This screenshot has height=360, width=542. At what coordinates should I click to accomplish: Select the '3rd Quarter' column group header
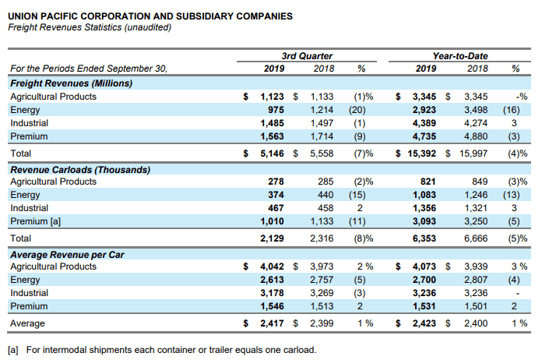click(307, 56)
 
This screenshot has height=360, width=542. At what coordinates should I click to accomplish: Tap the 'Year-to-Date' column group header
click(460, 56)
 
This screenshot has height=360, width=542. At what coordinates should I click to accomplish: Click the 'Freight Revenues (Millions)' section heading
click(71, 83)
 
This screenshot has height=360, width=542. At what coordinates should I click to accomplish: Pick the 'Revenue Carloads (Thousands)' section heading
click(80, 170)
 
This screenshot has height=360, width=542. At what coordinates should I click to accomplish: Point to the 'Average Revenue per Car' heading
click(67, 255)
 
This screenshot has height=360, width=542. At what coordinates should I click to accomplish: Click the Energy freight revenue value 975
click(276, 110)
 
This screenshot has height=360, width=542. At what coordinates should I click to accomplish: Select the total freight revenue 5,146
click(272, 154)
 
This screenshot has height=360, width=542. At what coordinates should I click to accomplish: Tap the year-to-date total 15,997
click(473, 154)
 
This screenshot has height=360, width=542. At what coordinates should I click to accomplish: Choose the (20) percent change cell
click(357, 110)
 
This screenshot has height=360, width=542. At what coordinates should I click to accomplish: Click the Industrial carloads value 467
click(276, 208)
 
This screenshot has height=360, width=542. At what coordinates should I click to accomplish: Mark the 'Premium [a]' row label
click(35, 221)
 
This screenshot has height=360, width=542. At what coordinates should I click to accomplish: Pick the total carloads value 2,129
click(272, 238)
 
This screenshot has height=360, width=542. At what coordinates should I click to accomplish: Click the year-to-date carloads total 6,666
click(476, 238)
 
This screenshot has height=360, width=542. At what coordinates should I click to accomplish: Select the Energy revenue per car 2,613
click(272, 280)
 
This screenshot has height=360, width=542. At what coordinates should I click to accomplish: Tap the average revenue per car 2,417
click(272, 323)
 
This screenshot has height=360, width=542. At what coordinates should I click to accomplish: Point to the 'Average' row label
click(27, 323)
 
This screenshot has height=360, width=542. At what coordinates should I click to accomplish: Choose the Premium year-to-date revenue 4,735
click(424, 136)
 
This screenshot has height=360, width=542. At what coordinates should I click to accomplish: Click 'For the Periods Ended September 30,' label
click(89, 69)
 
